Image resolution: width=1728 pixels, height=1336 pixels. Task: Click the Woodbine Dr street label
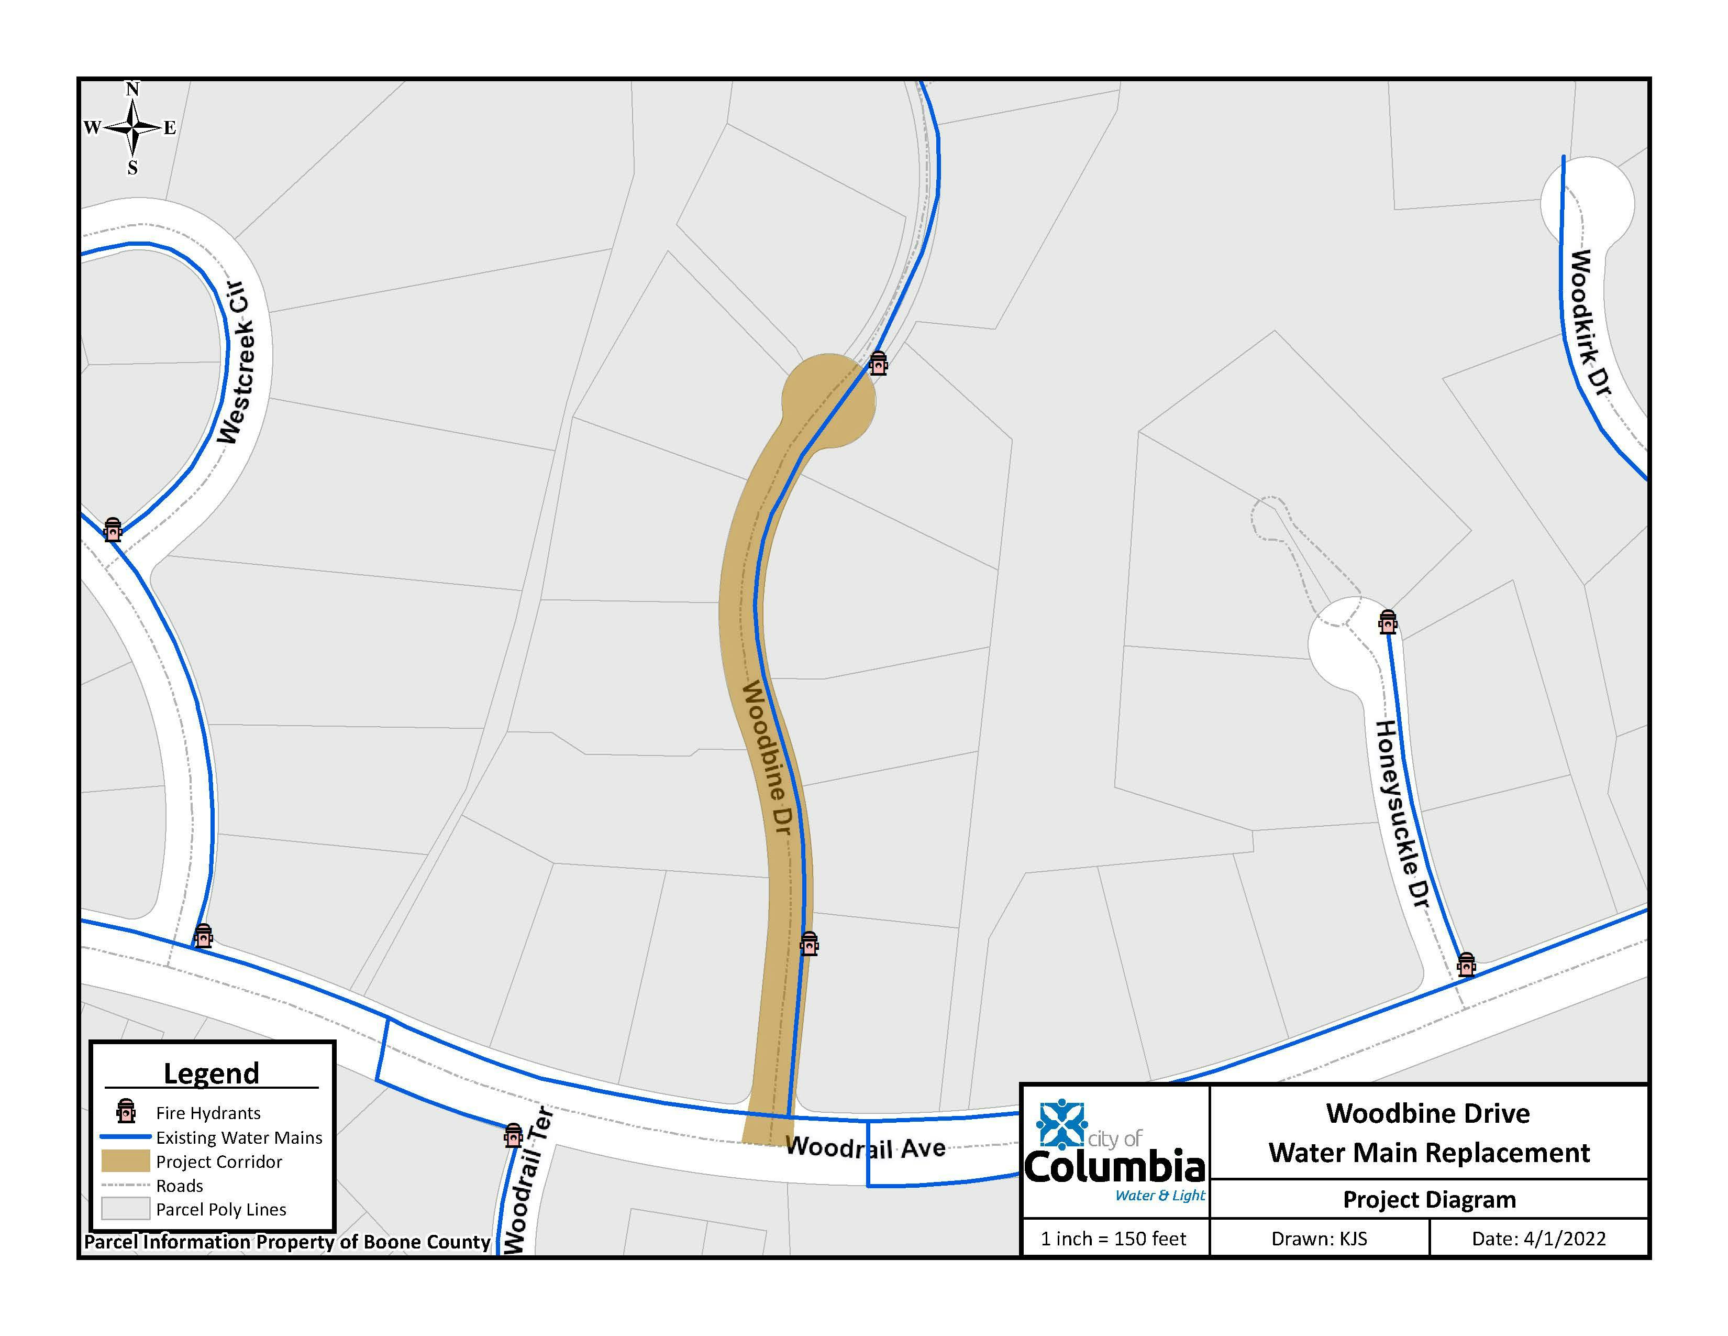click(x=765, y=758)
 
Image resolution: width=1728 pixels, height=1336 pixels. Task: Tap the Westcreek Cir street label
click(x=235, y=361)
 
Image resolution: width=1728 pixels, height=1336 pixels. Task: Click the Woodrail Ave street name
click(x=865, y=1147)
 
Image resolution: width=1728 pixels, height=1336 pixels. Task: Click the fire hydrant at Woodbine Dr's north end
click(x=878, y=363)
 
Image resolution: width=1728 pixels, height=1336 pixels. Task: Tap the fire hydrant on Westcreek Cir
click(x=113, y=530)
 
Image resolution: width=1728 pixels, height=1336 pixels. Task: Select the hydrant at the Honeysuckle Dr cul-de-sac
click(x=1387, y=622)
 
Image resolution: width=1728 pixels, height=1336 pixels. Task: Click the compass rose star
click(x=133, y=127)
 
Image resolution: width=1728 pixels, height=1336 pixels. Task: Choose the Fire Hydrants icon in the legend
click(x=125, y=1111)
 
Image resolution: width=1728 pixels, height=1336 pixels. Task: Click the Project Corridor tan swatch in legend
click(x=125, y=1161)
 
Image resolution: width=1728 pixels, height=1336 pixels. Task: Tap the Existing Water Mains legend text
click(x=239, y=1137)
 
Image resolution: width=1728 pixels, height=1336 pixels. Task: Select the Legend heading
click(x=211, y=1073)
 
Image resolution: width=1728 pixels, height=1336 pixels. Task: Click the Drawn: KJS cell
click(x=1319, y=1239)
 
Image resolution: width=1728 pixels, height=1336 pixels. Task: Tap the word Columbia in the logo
click(x=1114, y=1167)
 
